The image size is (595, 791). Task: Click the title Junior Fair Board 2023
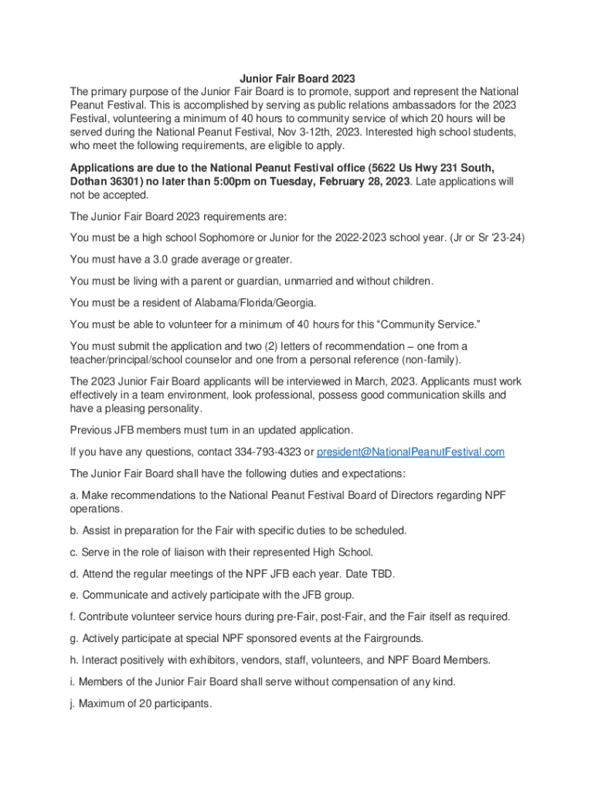click(297, 78)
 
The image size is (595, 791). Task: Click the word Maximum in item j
click(103, 704)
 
